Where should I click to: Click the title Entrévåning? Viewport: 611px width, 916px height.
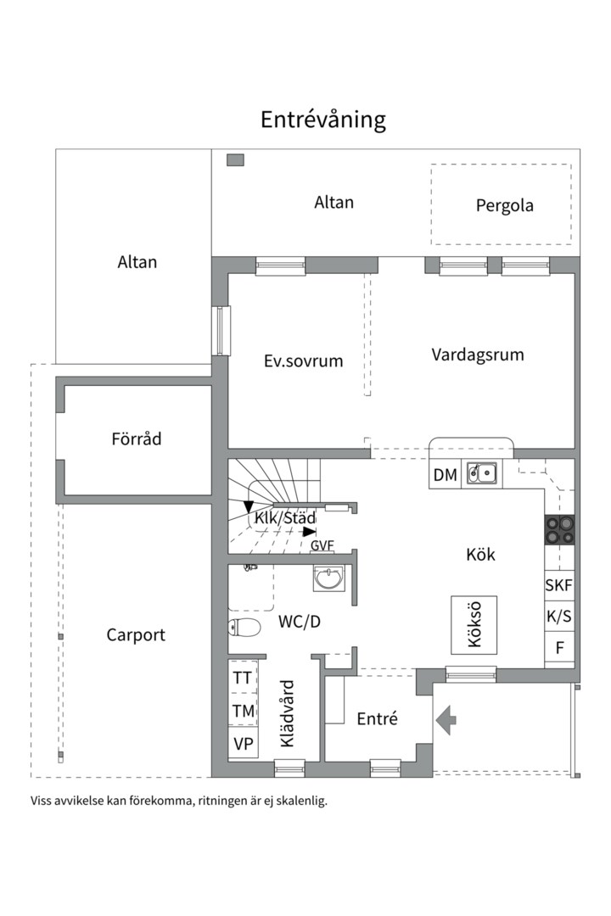[322, 120]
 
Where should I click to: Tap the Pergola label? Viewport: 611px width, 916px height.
[505, 206]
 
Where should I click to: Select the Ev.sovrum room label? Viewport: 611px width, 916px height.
[303, 361]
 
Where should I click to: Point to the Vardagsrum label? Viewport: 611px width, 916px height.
[478, 355]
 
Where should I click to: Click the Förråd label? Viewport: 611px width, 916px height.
[137, 438]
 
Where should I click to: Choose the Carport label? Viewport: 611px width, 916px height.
[136, 635]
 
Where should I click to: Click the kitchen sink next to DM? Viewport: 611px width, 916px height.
[482, 474]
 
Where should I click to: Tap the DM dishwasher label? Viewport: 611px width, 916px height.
[445, 475]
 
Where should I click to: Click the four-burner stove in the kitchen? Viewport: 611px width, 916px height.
[559, 530]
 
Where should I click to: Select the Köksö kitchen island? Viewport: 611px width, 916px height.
[474, 625]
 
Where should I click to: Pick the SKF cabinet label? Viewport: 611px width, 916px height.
[559, 584]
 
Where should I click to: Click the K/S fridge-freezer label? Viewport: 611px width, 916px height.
[559, 617]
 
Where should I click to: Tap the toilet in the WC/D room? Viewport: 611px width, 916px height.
[244, 628]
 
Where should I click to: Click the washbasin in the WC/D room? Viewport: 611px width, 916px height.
[329, 578]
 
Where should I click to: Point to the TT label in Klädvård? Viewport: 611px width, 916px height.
[243, 679]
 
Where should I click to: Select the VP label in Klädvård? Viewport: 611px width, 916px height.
[244, 745]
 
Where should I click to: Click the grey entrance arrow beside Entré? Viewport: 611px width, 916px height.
[446, 720]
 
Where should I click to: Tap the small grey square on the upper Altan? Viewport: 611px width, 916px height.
[235, 160]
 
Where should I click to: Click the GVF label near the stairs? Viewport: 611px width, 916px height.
[322, 546]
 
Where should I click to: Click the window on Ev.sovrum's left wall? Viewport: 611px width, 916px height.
[221, 330]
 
